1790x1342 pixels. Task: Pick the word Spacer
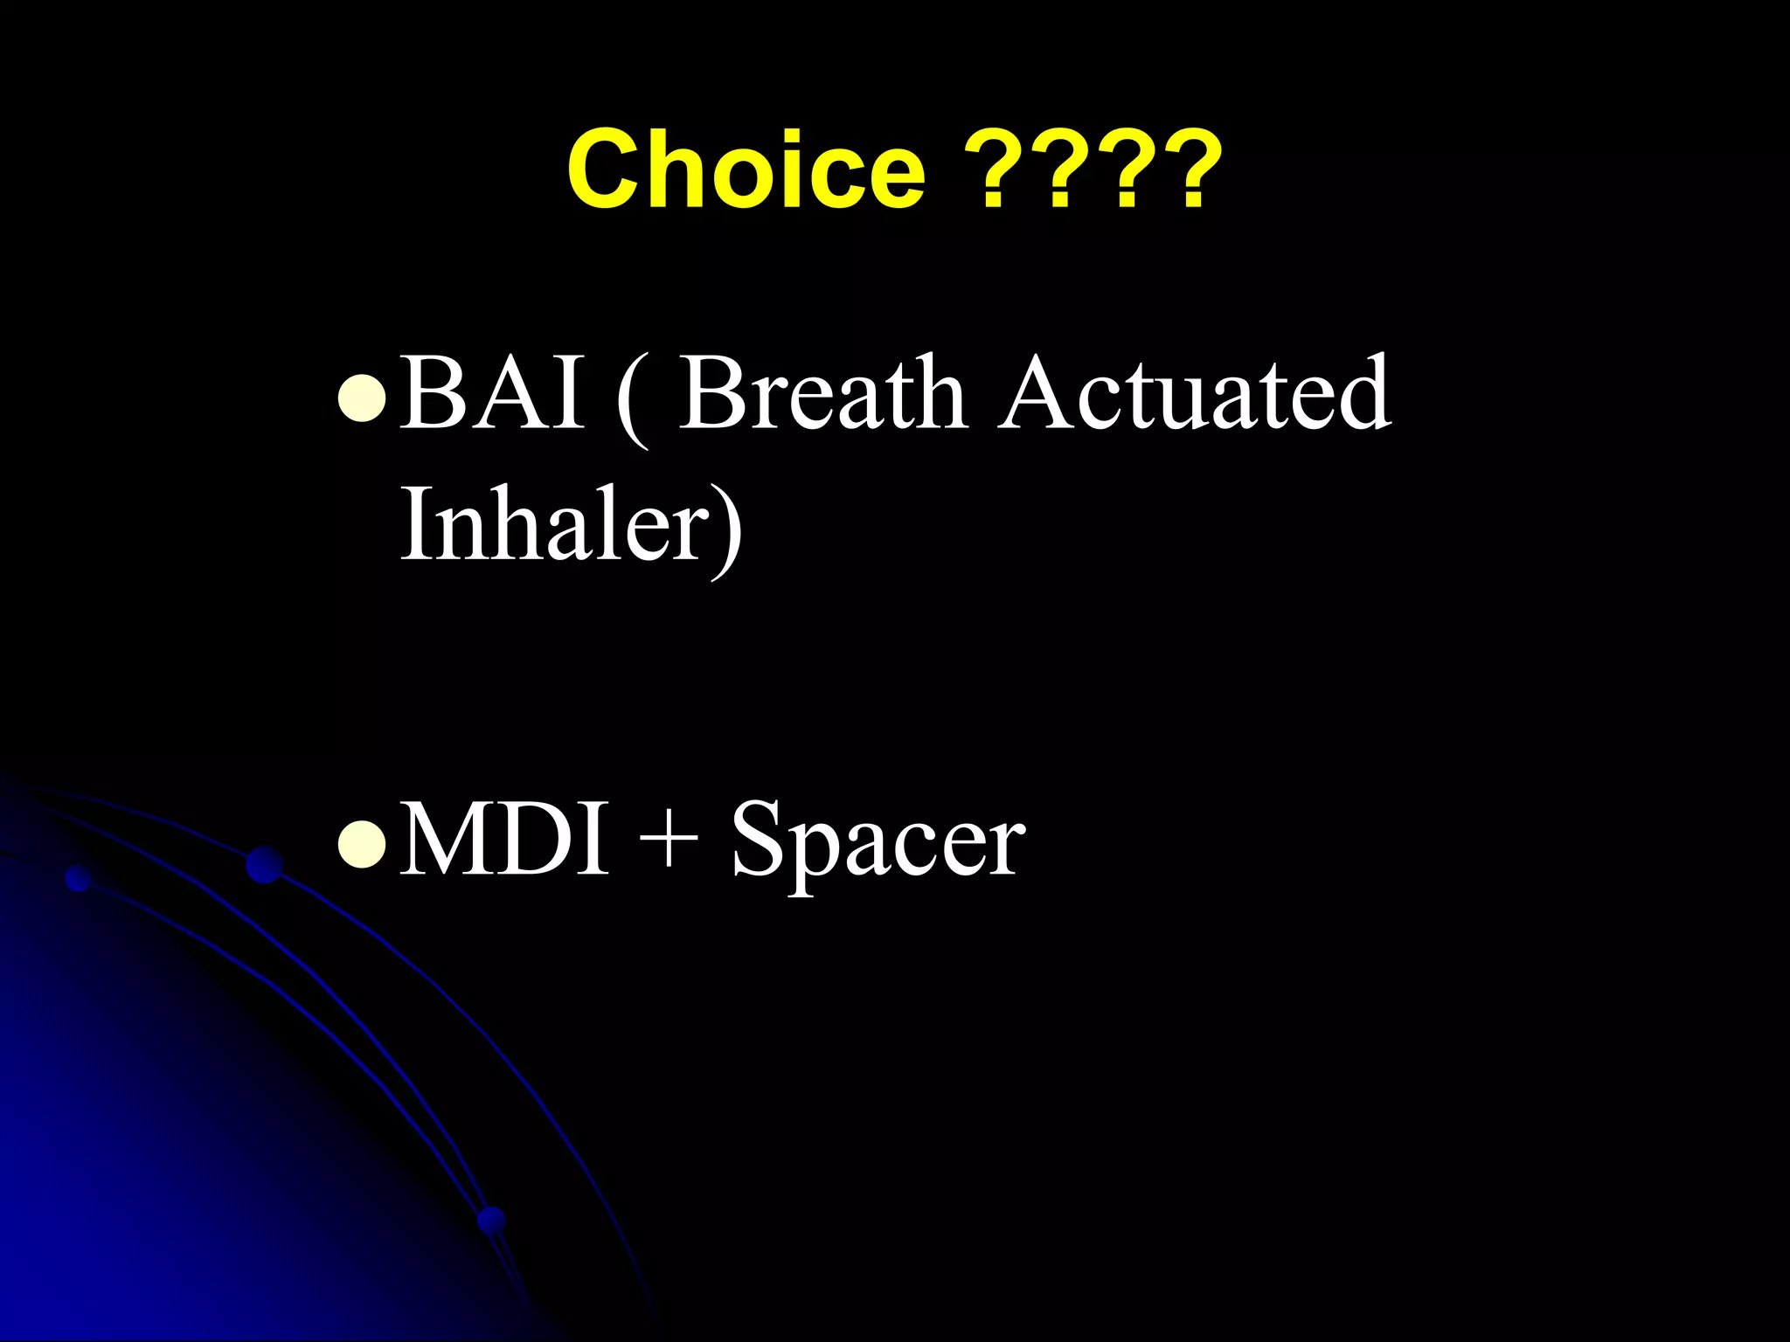[x=878, y=843]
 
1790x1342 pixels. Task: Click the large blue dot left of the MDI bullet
[x=264, y=864]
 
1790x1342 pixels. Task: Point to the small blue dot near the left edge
[x=79, y=878]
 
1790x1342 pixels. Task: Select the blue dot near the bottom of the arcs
[x=492, y=1219]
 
